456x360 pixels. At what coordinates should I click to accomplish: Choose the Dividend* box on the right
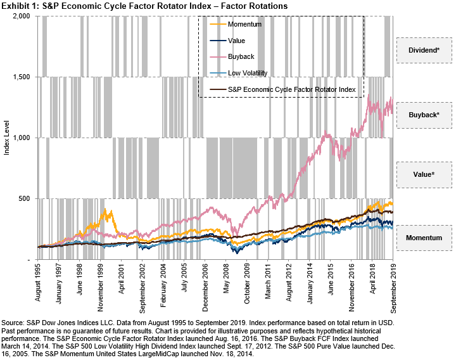coord(424,49)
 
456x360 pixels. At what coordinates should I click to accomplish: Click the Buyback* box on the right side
coord(424,115)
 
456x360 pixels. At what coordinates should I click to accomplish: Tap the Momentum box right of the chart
coord(424,238)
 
